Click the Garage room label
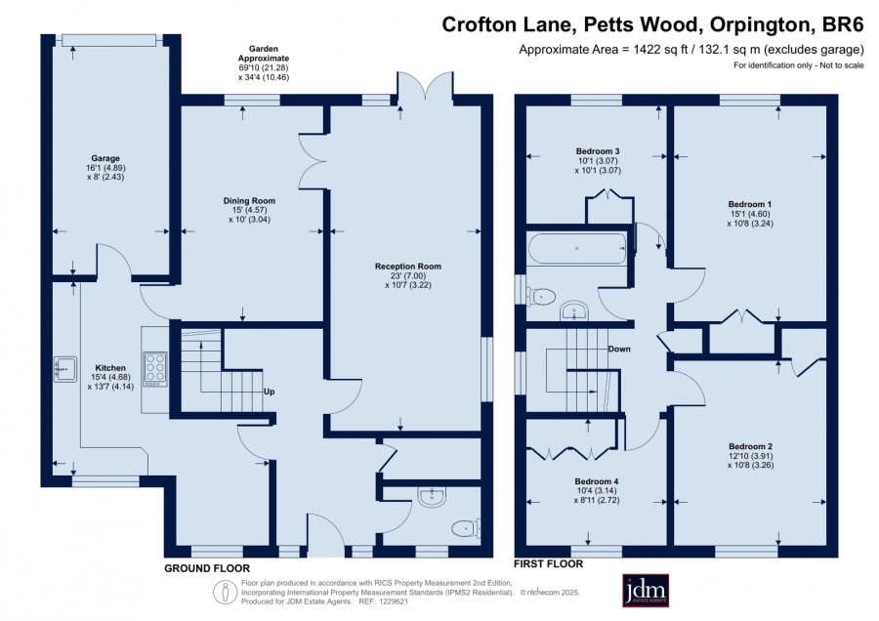(105, 158)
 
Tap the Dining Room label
(249, 200)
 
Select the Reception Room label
(408, 267)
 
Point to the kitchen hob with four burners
(155, 369)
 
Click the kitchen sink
(65, 369)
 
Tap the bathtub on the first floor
(577, 248)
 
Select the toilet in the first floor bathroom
(540, 296)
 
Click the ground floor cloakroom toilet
(466, 528)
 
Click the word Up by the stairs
(270, 392)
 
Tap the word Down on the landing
(619, 349)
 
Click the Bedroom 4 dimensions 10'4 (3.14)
(597, 491)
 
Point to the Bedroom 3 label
(598, 151)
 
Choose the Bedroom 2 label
(751, 446)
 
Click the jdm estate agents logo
(646, 590)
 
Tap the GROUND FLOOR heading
(207, 568)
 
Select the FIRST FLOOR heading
(548, 563)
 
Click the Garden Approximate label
(264, 54)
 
